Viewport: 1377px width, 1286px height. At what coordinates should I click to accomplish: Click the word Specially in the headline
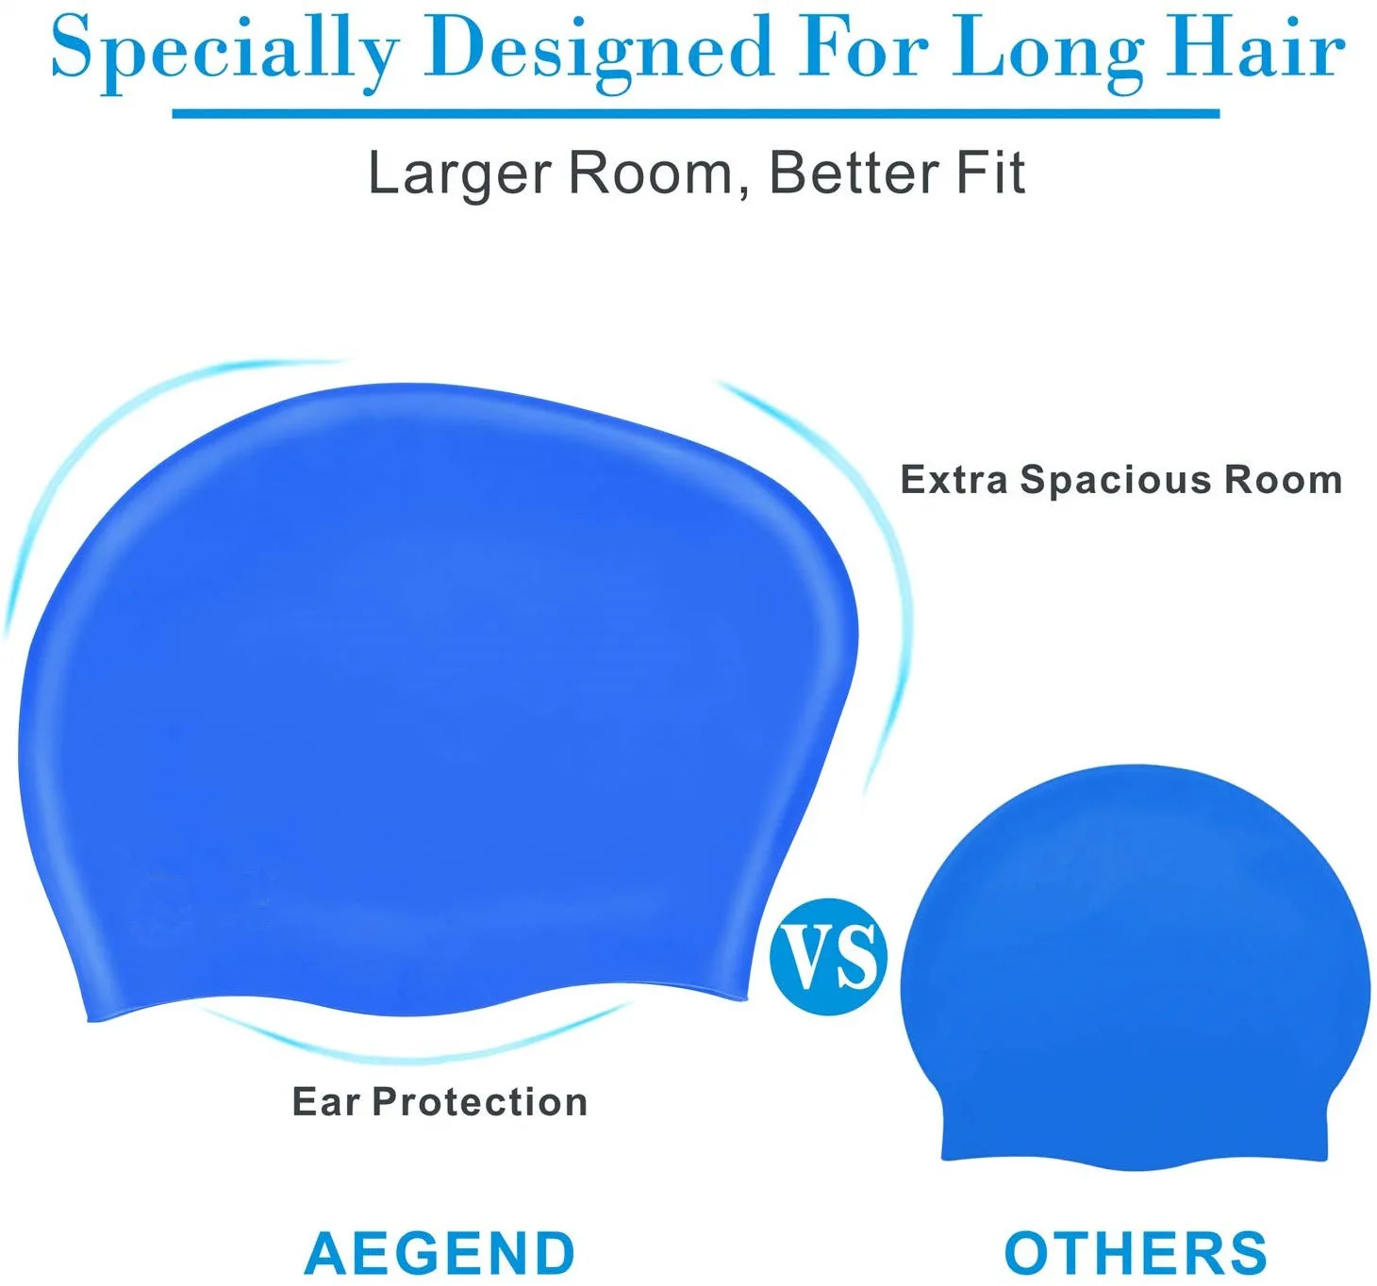coord(224,49)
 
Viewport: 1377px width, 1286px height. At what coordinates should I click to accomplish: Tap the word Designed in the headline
coord(599,49)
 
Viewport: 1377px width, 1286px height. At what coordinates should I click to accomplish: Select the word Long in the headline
coord(1048,49)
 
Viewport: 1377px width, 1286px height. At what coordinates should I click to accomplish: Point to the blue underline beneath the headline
coord(695,114)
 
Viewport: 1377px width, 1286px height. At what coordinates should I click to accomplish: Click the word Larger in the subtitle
coord(459,173)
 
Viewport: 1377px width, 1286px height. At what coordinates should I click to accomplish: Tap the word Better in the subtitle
coord(854,173)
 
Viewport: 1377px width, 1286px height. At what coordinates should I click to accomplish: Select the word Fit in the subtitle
coord(990,173)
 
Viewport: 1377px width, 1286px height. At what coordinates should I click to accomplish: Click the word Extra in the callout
coord(954,480)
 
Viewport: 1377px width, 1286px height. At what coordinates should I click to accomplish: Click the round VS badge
coord(829,956)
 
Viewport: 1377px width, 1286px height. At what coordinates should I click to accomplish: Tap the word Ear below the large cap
coord(325,1101)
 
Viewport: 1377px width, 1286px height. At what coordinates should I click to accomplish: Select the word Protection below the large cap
coord(480,1102)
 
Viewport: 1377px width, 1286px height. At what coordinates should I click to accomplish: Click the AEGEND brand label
coord(440,1253)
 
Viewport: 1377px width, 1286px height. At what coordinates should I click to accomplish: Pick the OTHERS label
coord(1136,1253)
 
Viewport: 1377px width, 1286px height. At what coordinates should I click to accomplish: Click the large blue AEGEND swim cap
coord(424,707)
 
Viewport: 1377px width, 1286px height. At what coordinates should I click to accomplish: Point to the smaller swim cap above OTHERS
coord(1136,971)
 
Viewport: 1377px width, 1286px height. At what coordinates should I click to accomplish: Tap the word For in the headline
coord(864,49)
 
